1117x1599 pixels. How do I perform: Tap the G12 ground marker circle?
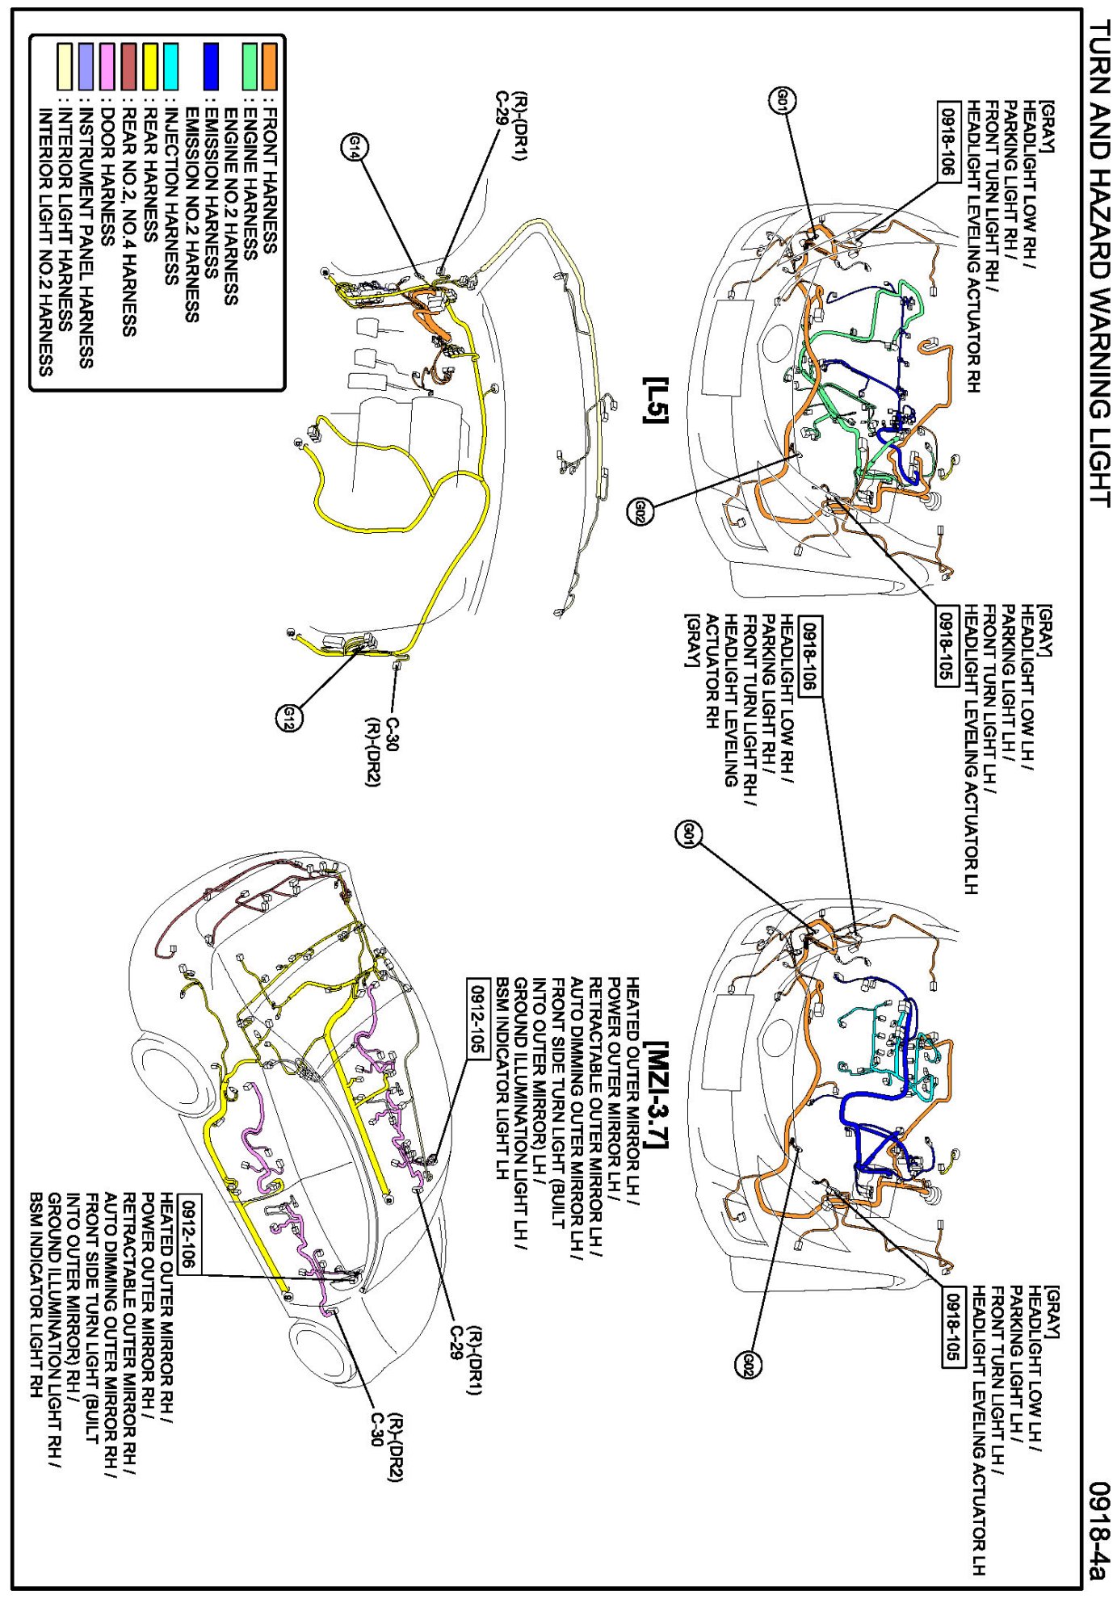(289, 717)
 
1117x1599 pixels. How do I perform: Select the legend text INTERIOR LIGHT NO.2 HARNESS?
(46, 242)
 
